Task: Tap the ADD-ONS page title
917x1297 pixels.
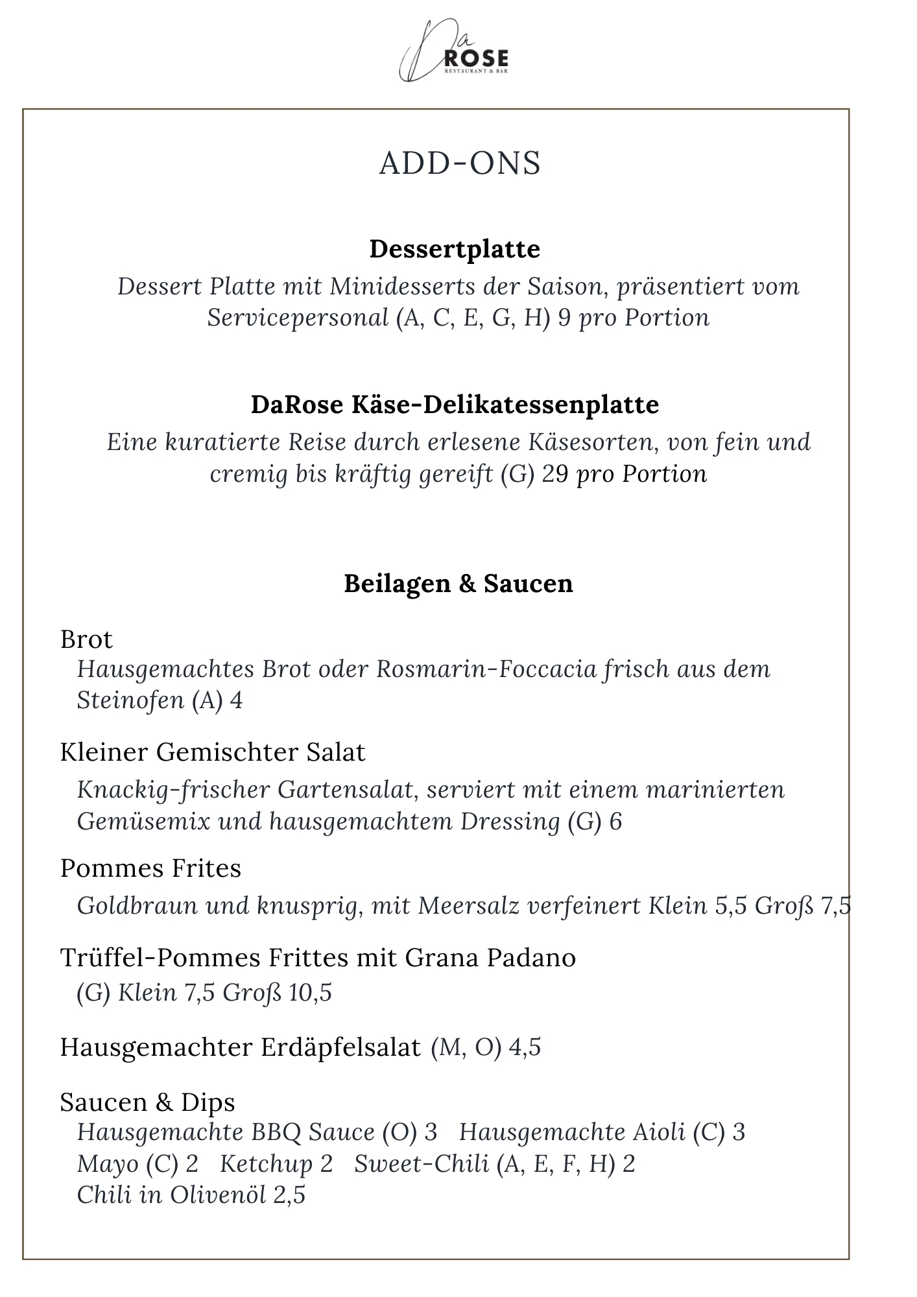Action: click(x=459, y=163)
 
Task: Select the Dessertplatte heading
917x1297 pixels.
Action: click(x=455, y=249)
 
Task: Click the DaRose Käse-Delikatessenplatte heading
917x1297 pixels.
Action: click(x=455, y=405)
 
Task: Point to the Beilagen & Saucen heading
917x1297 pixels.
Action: click(x=458, y=583)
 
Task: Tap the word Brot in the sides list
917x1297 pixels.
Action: click(x=86, y=639)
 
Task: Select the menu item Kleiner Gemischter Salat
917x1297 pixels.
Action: click(x=213, y=752)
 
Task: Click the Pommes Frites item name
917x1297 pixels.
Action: click(x=150, y=868)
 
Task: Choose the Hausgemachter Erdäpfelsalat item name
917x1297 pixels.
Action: click(x=240, y=1047)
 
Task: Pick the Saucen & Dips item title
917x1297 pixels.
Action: click(x=147, y=1102)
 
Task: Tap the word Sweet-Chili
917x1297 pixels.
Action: click(x=422, y=1163)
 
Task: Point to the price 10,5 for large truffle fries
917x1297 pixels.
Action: click(x=310, y=993)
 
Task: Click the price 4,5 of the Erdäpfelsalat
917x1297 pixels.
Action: click(x=525, y=1048)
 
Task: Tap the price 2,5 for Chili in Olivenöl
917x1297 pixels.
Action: click(x=289, y=1195)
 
